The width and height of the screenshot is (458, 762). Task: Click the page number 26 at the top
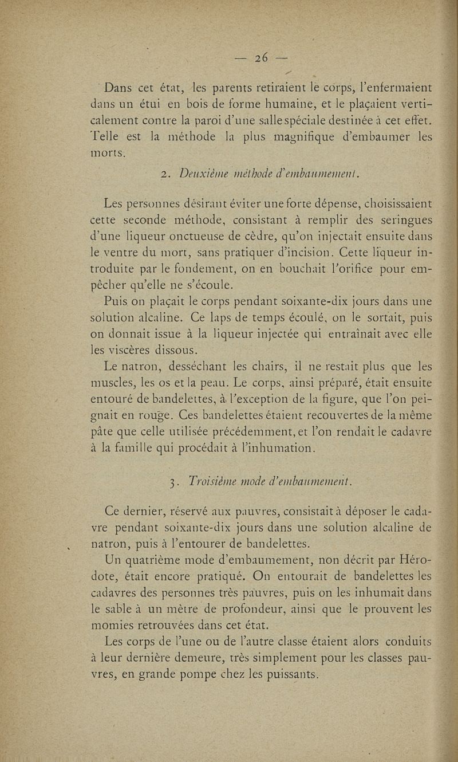(263, 58)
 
